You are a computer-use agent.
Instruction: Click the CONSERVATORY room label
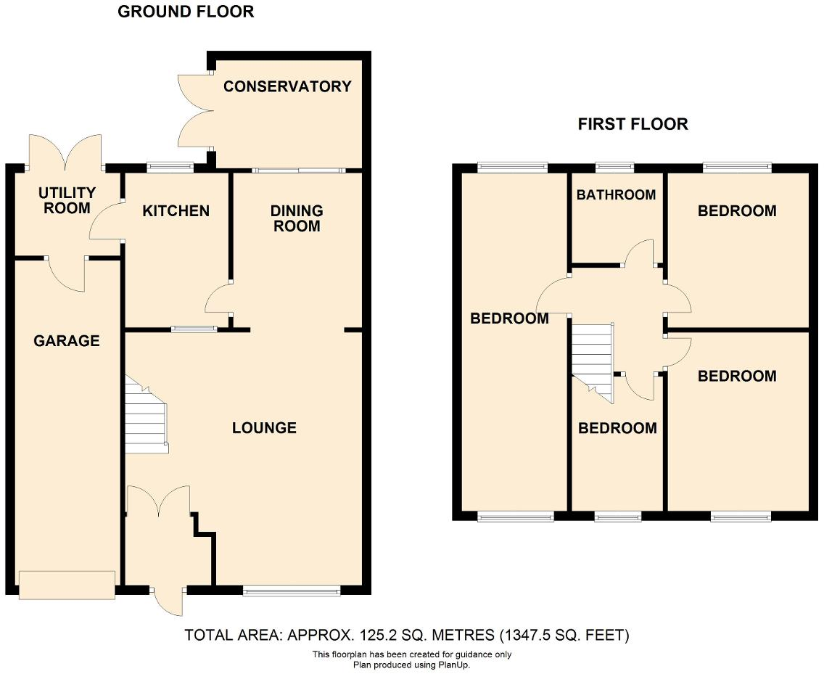[x=287, y=87]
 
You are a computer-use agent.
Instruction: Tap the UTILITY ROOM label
[x=67, y=201]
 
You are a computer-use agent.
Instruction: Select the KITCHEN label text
[x=176, y=211]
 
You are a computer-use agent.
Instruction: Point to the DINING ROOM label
[x=297, y=218]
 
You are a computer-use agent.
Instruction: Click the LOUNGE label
[x=264, y=428]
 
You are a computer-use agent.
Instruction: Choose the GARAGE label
[x=67, y=341]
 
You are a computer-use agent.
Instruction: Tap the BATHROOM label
[x=616, y=194]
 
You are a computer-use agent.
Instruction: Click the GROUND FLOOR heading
[x=186, y=12]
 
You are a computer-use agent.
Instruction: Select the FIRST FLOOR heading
[x=633, y=124]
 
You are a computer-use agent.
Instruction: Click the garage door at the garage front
[x=67, y=585]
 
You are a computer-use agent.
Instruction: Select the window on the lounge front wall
[x=292, y=591]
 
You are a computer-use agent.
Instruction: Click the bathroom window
[x=614, y=168]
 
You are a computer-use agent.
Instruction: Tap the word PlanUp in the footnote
[x=455, y=664]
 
